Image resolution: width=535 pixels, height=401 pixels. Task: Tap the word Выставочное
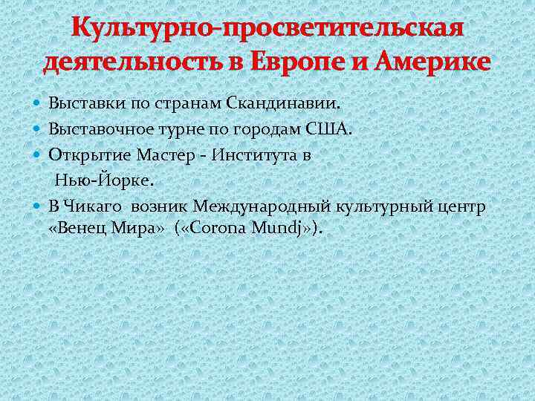pos(97,130)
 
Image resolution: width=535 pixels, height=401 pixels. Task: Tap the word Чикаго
pos(94,206)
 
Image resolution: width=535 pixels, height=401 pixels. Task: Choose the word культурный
pos(385,206)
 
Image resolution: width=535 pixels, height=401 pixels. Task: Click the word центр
pos(464,206)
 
